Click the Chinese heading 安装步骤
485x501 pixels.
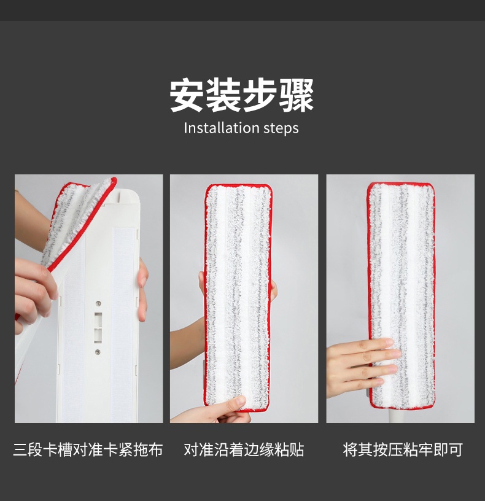[241, 95]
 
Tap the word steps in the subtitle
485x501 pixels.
[281, 128]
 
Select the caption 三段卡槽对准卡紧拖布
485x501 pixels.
[88, 449]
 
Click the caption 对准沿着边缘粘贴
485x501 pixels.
[244, 449]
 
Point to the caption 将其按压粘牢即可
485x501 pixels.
[403, 449]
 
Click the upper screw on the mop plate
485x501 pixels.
[98, 303]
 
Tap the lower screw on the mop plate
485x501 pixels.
[98, 352]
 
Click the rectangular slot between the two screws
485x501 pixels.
[98, 327]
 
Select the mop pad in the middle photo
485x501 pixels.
[238, 297]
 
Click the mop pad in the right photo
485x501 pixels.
[402, 295]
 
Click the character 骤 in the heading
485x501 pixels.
[297, 95]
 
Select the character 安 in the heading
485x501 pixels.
[187, 95]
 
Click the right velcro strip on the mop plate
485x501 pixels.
[123, 323]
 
